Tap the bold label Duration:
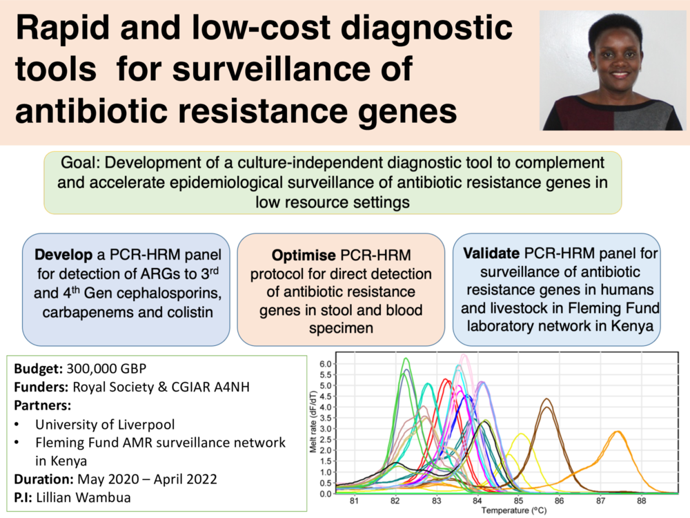43,479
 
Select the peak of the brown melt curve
546,400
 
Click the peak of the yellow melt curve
520,434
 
